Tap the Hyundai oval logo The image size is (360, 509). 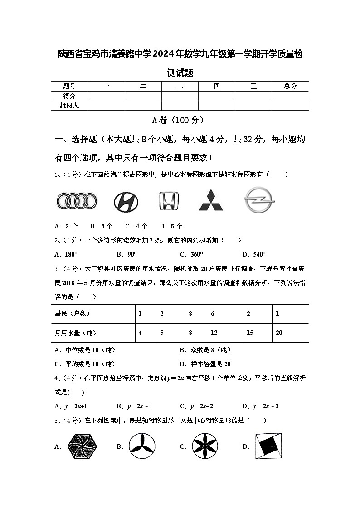(x=126, y=201)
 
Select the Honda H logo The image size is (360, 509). (x=169, y=201)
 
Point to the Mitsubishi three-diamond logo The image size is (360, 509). (x=211, y=200)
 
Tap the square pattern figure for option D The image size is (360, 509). (x=268, y=446)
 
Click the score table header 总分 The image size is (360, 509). (x=290, y=86)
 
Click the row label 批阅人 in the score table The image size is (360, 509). (x=69, y=106)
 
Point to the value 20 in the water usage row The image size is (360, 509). (x=279, y=333)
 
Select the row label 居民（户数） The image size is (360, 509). (x=72, y=314)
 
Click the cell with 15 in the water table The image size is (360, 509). (x=250, y=333)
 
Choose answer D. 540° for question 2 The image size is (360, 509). (x=254, y=254)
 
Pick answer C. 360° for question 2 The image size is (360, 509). (x=191, y=254)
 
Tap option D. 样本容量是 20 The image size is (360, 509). (x=205, y=364)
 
